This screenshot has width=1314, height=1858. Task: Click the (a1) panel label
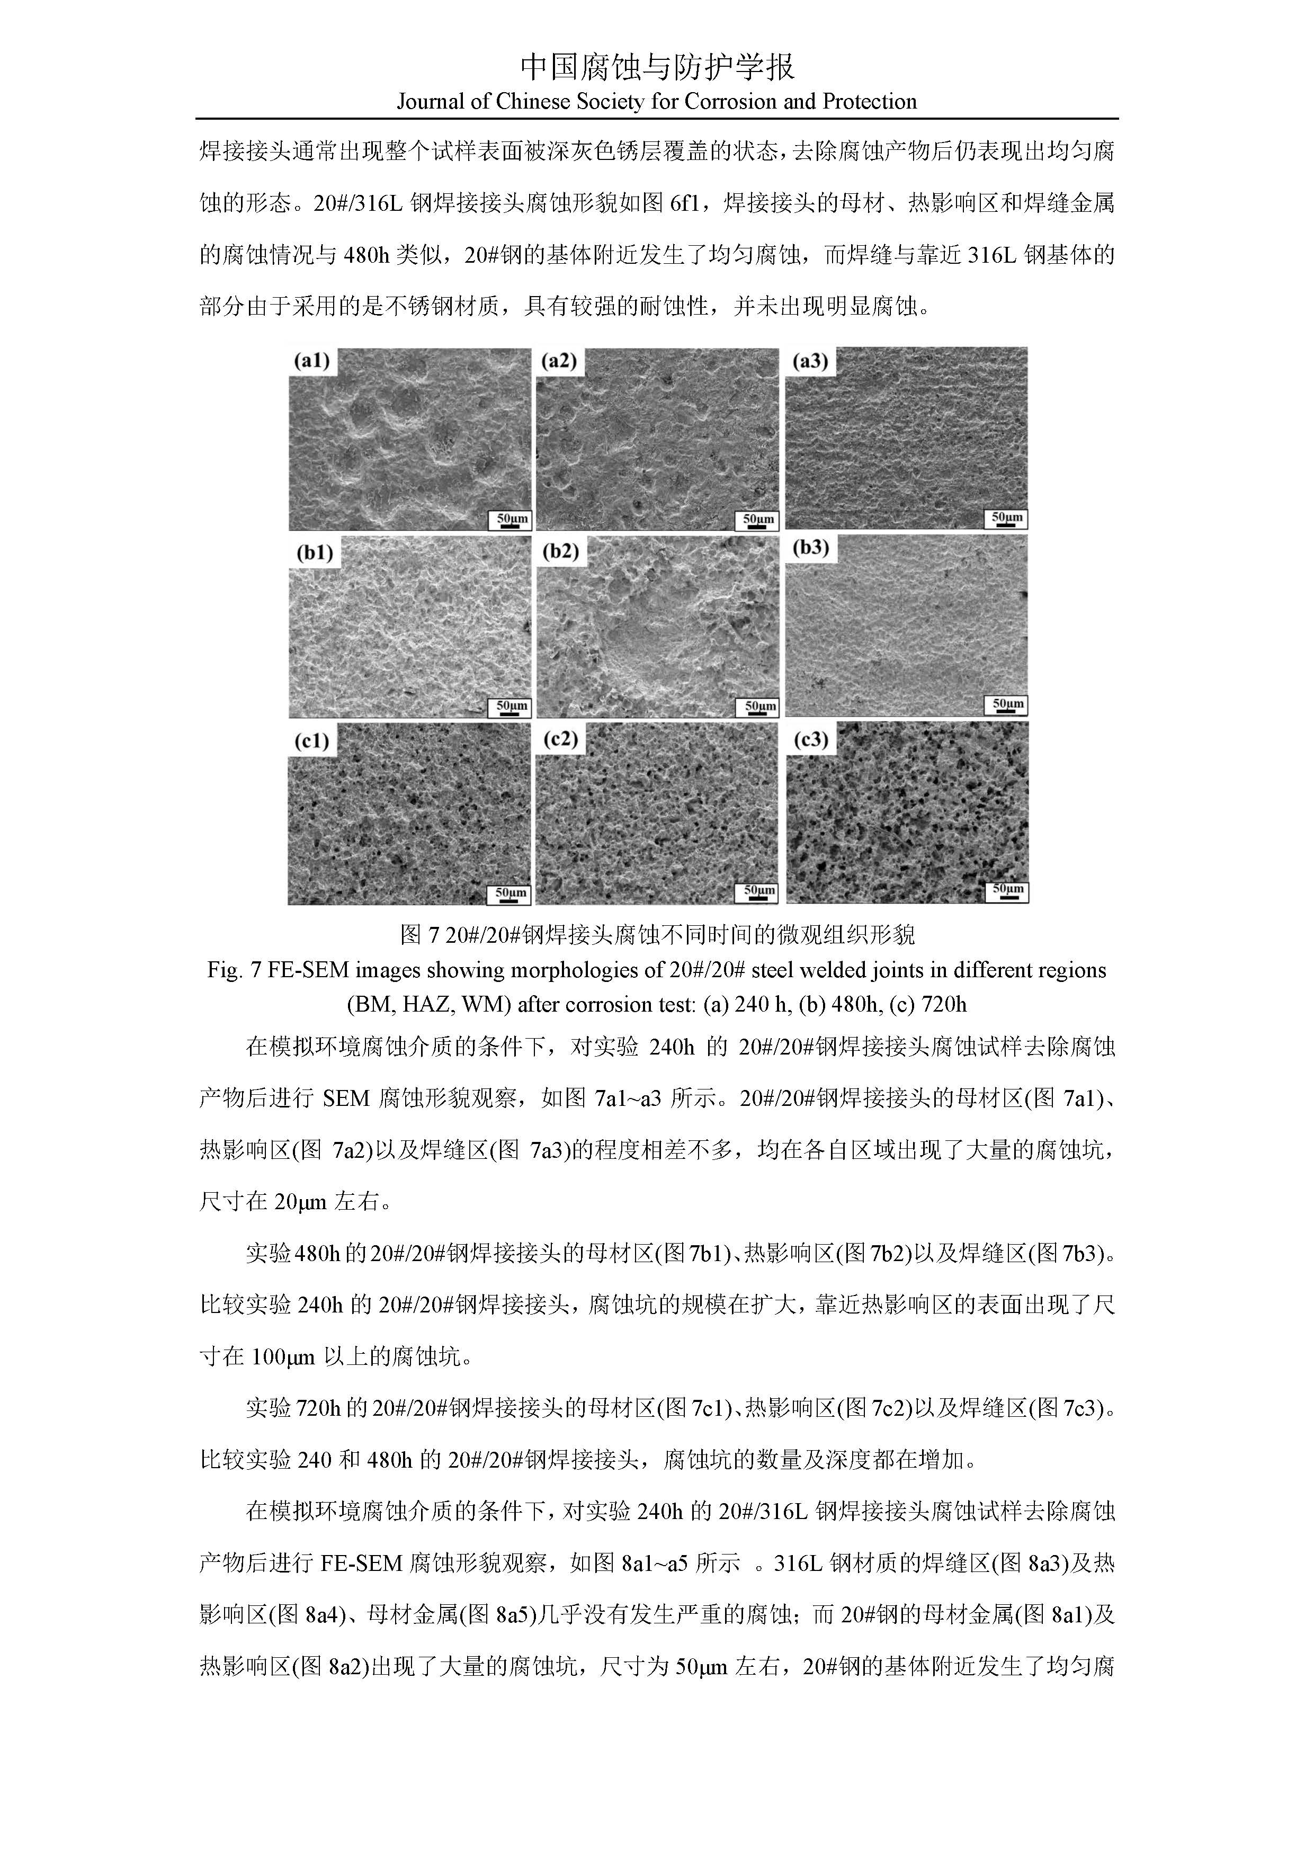click(311, 362)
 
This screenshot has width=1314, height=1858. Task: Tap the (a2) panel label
click(559, 362)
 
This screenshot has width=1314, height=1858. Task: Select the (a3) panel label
click(810, 362)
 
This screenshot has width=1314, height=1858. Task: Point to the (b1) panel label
click(315, 553)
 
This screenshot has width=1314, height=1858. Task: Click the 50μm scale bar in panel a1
click(509, 520)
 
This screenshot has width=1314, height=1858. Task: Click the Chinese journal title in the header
click(656, 67)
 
